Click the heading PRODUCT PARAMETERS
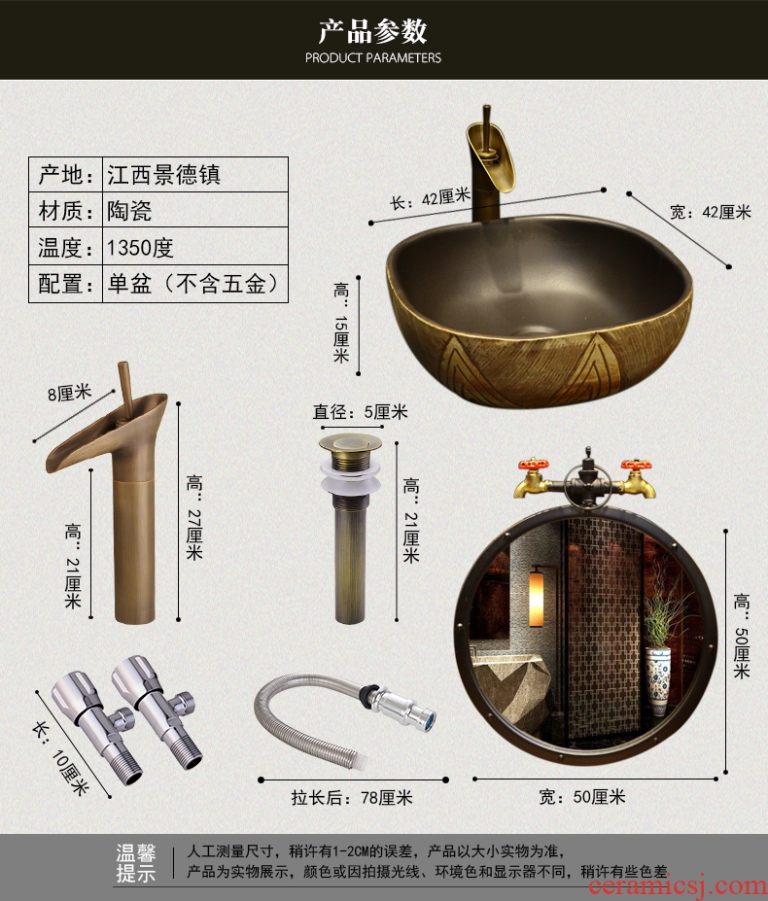pos(373,57)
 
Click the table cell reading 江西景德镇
pos(194,175)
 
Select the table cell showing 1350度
pos(194,247)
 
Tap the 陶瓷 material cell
pos(194,210)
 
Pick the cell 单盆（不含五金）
pos(194,284)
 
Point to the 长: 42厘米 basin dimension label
pos(431,199)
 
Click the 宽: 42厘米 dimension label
pos(711,212)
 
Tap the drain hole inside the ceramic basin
pos(534,331)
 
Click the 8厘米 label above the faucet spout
pos(70,394)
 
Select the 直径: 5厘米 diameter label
pos(360,412)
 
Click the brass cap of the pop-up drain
pos(351,443)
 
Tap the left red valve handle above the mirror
pos(533,464)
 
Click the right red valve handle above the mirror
pos(635,465)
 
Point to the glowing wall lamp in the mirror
pos(537,597)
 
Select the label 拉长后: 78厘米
pos(352,798)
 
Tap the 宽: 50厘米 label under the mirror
pos(581,796)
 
